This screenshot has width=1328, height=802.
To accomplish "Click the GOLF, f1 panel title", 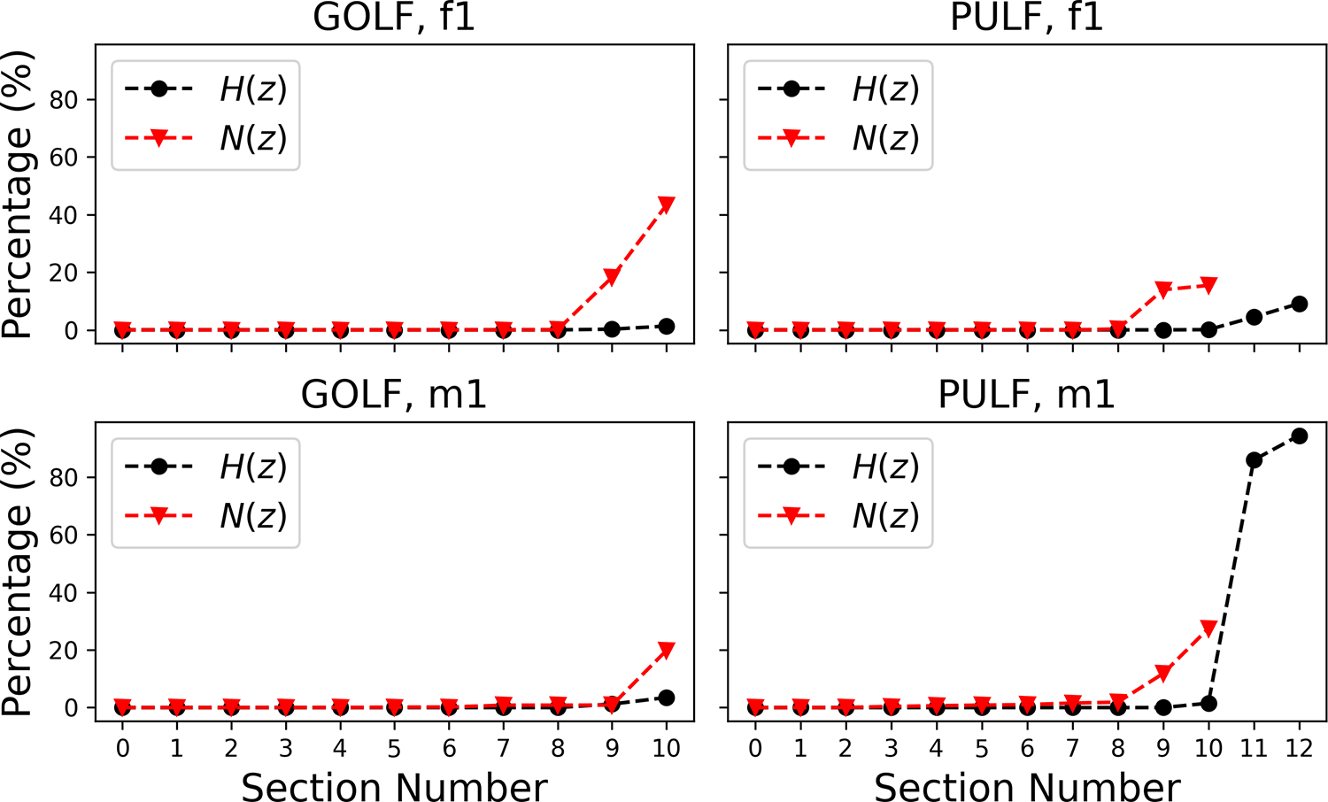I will click(394, 18).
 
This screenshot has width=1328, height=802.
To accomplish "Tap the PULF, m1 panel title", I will click(1026, 395).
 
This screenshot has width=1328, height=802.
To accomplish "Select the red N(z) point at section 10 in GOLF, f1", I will click(667, 205).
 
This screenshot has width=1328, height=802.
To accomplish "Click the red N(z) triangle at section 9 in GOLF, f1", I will click(612, 278).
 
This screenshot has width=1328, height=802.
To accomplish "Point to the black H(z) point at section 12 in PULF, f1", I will click(1299, 304).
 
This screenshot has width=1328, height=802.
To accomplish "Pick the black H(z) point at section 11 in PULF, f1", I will click(1254, 317).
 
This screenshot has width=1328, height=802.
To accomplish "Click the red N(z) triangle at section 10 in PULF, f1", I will click(1208, 286).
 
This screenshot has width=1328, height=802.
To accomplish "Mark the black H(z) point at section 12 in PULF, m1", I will click(1299, 436).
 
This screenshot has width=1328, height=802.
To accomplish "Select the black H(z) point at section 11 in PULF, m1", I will click(1254, 459).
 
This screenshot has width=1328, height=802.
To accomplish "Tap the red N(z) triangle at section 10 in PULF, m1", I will click(1208, 628).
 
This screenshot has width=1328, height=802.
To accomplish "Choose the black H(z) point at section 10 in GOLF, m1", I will click(667, 698).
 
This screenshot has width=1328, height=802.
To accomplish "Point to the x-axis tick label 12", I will click(1299, 749).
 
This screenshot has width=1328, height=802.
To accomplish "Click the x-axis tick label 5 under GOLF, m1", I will click(394, 749).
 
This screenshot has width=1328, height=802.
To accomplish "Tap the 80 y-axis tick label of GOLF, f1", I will click(64, 100).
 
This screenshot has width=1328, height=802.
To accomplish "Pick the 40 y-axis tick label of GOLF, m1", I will click(64, 593).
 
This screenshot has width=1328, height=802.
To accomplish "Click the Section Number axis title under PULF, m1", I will click(1027, 787).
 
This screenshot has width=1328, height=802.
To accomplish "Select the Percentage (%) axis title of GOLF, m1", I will click(18, 572).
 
